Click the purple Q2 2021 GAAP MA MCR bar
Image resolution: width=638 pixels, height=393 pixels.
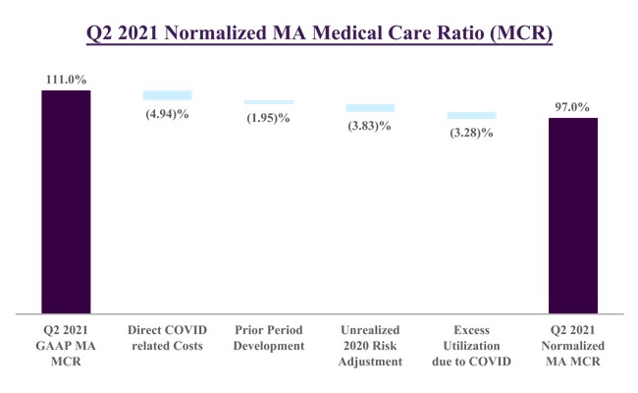pos(66,201)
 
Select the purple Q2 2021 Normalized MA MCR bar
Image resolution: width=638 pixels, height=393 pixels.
pos(572,215)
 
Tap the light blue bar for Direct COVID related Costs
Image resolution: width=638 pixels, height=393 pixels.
pos(167,95)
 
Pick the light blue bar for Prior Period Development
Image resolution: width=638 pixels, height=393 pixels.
pos(268,102)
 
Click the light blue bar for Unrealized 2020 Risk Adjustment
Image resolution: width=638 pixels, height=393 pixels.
pos(370,107)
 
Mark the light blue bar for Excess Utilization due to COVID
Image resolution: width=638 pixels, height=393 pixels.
pos(472,115)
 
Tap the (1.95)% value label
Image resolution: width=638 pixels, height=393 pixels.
pos(268,117)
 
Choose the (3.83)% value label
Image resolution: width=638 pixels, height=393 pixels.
pos(370,125)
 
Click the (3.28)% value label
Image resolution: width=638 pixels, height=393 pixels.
pos(472,132)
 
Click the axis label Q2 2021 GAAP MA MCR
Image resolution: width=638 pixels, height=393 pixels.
pos(65,346)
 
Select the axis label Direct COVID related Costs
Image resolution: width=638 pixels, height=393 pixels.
pos(167,338)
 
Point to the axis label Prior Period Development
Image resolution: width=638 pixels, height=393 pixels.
pos(268,338)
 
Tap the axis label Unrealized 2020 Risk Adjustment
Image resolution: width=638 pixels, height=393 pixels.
pos(370,346)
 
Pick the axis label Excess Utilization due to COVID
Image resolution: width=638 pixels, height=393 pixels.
pos(472,346)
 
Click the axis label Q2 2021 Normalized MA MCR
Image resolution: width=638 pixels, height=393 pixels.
pos(572,346)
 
